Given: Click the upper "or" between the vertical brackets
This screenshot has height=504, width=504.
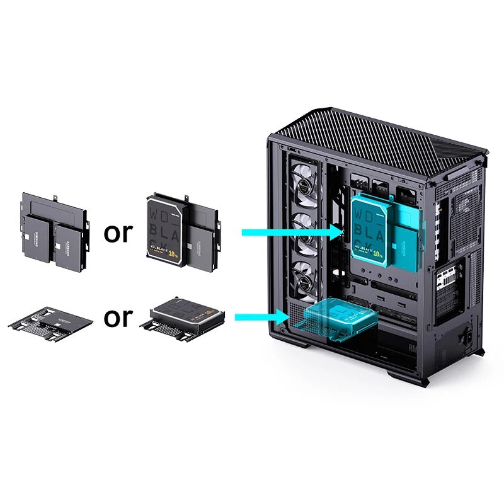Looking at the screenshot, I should click(x=119, y=233).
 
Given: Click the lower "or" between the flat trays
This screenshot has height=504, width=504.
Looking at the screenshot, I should click(x=119, y=318).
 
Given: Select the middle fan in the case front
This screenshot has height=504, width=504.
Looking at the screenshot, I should click(x=307, y=227).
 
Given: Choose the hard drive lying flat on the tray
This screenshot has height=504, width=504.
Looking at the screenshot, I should click(x=184, y=313).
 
